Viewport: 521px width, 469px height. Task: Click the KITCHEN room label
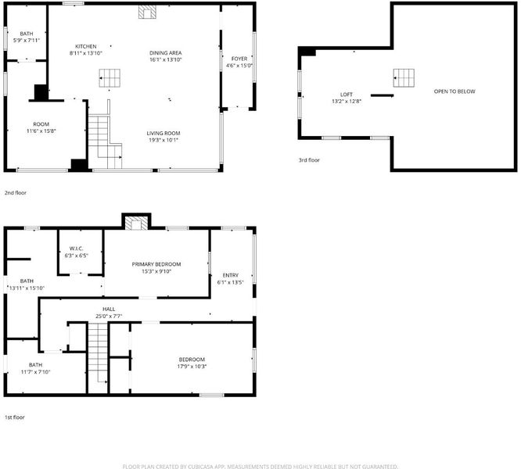[86, 46]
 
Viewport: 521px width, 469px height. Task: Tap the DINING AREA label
[166, 53]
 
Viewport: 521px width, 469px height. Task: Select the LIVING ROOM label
[163, 133]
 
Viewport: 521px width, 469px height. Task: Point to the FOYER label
[239, 59]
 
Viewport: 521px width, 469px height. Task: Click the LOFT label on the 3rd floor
[347, 95]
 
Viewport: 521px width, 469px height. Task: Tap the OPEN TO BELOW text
[455, 91]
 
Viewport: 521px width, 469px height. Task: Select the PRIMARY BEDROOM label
[156, 264]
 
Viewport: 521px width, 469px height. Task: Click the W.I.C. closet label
[77, 249]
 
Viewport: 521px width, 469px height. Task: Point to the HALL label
[109, 309]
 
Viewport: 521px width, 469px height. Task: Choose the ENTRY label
[231, 275]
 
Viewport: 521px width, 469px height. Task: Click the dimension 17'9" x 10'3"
[192, 367]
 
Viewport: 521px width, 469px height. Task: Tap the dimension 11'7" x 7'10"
[35, 372]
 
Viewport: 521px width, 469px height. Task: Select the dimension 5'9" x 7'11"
[27, 40]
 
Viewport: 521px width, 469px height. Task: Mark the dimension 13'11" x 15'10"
[27, 288]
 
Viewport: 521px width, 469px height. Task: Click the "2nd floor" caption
[16, 192]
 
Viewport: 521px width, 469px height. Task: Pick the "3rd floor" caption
[309, 160]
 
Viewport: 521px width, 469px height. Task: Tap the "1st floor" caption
[15, 417]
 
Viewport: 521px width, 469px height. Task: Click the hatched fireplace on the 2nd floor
[147, 12]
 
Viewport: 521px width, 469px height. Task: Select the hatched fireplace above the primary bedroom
[136, 224]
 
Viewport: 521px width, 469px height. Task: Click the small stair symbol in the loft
[404, 78]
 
